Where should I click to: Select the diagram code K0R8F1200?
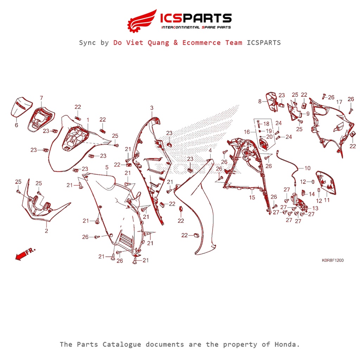[333, 260]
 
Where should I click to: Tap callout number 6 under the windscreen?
[17, 125]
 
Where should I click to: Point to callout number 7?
[41, 98]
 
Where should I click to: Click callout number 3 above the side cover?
[152, 108]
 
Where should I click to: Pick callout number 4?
[210, 150]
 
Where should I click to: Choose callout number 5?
[107, 167]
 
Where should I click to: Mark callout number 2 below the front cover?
[46, 231]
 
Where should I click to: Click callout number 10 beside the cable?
[307, 168]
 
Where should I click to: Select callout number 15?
[252, 197]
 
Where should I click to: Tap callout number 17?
[339, 102]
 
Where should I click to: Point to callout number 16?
[247, 132]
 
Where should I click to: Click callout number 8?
[260, 101]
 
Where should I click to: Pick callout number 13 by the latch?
[315, 208]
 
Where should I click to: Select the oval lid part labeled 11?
[326, 183]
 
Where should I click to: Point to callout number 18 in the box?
[266, 124]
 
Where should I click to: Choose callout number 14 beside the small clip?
[311, 194]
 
